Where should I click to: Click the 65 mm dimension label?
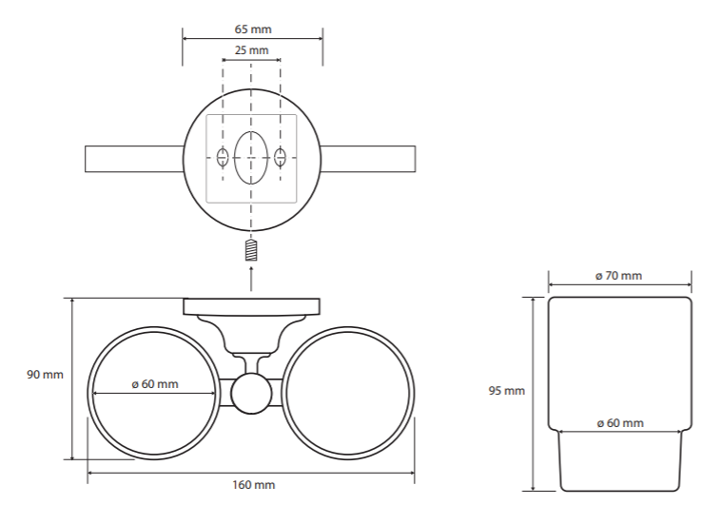[253, 29]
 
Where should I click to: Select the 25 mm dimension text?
[252, 50]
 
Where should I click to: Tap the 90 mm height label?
[45, 375]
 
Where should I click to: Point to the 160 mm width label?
[253, 485]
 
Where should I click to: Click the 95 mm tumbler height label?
[507, 391]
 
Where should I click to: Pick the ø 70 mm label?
[618, 276]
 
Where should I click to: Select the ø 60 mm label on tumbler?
[620, 423]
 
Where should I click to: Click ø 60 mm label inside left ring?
[155, 384]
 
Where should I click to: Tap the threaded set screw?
[251, 251]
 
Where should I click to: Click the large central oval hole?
[251, 158]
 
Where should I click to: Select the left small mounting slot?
[223, 158]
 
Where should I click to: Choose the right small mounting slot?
[280, 158]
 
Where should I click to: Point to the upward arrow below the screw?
[251, 279]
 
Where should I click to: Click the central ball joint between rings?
[251, 394]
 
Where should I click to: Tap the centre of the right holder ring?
[347, 393]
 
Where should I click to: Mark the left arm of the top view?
[134, 159]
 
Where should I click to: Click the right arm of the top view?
[368, 159]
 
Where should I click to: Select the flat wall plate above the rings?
[252, 306]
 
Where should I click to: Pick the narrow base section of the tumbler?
[620, 461]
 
